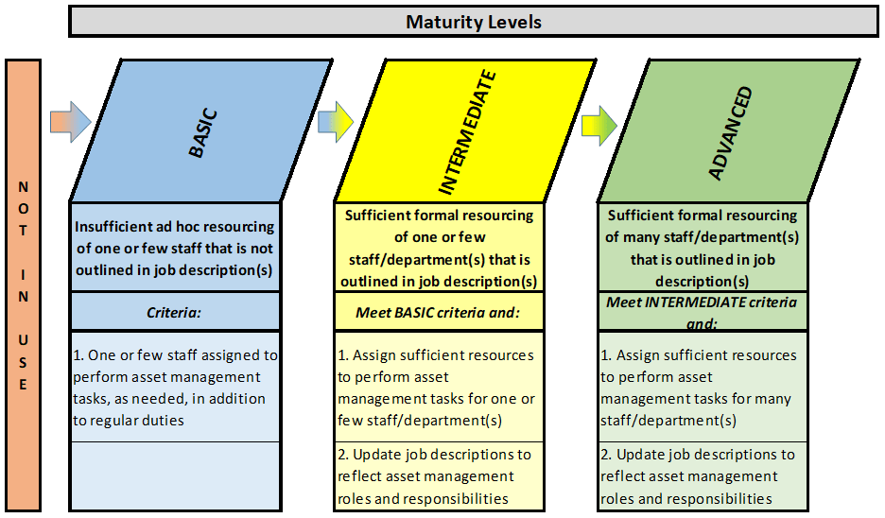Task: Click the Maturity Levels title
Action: point(474,21)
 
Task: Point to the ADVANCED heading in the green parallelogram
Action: point(730,131)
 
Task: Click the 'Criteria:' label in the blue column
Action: point(175,311)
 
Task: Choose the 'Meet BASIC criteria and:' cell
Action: point(438,311)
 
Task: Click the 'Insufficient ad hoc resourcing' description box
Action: point(175,248)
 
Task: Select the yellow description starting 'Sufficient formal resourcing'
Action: point(438,248)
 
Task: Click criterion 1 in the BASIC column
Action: point(175,387)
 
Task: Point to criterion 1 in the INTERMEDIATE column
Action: point(438,387)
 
